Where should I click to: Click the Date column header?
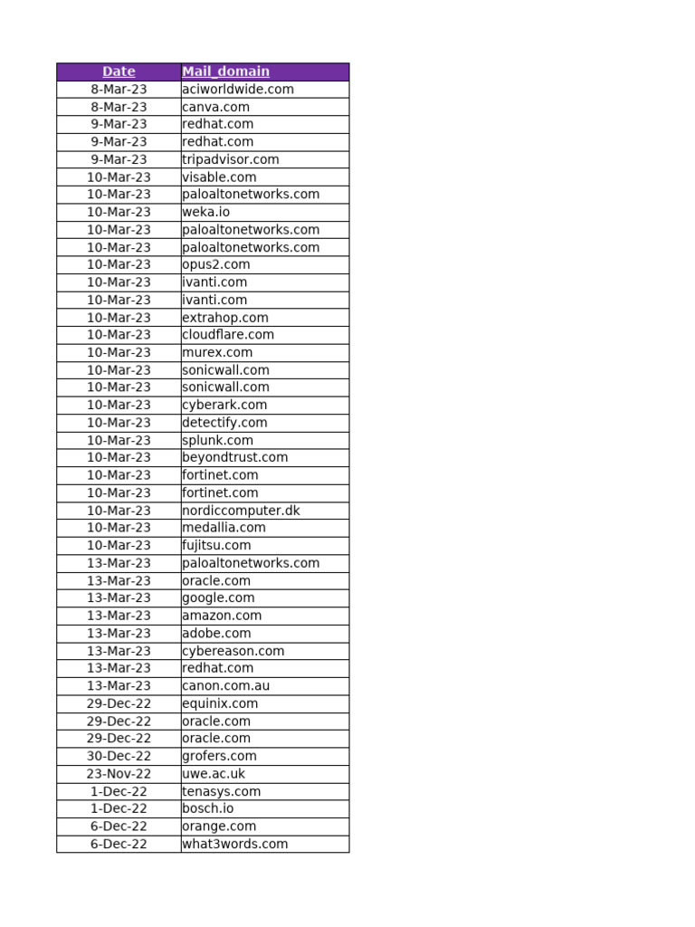[x=119, y=72]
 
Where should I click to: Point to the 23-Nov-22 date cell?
[x=119, y=774]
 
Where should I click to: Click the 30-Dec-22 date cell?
[x=119, y=756]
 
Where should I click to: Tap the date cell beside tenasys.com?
[x=119, y=791]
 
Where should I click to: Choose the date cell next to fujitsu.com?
[x=119, y=545]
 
